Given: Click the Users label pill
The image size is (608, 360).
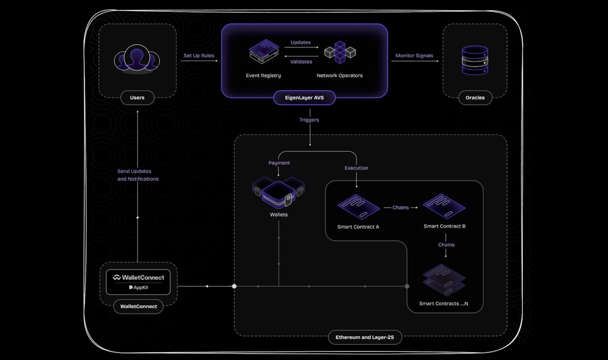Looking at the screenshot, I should click(137, 97).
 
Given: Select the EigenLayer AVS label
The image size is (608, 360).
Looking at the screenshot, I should click(304, 97).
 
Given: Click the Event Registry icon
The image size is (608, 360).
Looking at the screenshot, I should click(263, 53).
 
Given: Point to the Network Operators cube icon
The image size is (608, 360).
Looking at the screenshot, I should click(339, 52).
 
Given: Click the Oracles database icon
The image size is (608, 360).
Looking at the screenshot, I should click(475, 60).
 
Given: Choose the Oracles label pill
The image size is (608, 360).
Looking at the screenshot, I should click(475, 97).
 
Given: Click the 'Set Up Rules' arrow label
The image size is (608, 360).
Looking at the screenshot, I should click(199, 55).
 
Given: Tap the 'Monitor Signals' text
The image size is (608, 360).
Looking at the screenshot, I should click(414, 55).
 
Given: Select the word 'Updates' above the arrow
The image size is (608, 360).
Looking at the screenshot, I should click(300, 43).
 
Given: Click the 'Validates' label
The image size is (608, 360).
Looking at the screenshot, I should click(300, 62).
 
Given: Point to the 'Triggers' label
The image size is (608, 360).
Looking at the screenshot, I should click(309, 120).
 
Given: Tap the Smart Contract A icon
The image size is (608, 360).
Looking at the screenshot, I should click(358, 207).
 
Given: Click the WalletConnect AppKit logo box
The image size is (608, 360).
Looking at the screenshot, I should click(138, 282).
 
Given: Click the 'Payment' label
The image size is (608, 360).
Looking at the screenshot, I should click(279, 163).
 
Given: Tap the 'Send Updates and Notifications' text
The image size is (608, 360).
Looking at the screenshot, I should click(138, 175).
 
